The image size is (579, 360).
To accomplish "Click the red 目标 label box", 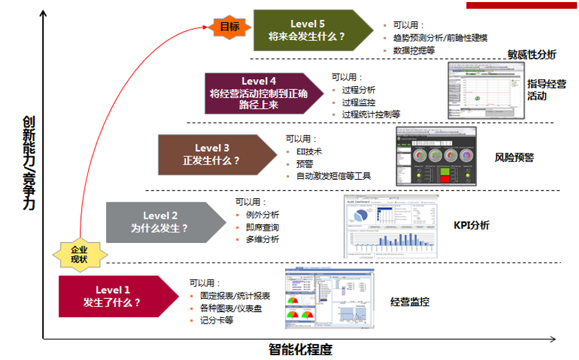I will tap(229, 28).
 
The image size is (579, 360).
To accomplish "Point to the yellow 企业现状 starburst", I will tap(80, 255).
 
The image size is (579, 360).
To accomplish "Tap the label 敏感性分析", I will tap(532, 54).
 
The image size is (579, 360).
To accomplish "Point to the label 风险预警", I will tap(514, 158).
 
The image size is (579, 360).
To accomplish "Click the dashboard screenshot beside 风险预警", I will tap(436, 156).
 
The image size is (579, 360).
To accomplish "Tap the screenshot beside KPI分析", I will tap(390, 226).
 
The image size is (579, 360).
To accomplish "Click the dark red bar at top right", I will tap(522, 6).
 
